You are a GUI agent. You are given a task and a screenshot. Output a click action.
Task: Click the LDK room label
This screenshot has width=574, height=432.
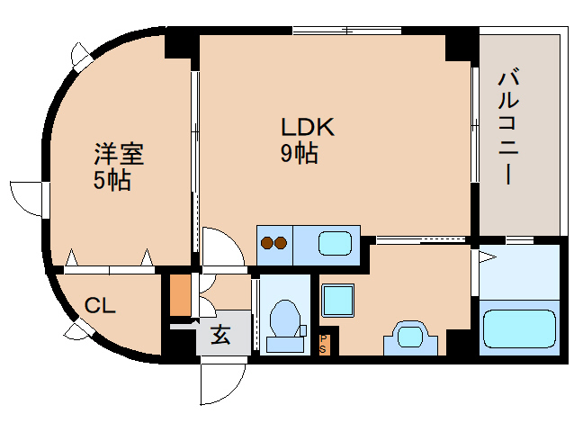[x=309, y=128]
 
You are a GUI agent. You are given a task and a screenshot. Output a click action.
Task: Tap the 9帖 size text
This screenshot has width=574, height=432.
[x=299, y=154]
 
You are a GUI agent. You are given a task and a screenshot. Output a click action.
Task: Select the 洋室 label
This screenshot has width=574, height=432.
[x=119, y=154]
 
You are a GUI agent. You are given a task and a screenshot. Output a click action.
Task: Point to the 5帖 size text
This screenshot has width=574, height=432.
[x=112, y=180]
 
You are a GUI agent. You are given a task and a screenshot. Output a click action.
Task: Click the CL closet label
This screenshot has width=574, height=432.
[x=100, y=306]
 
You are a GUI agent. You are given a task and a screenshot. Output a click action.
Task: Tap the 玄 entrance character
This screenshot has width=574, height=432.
[x=221, y=335]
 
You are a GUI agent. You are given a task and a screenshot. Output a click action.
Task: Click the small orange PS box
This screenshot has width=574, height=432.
[x=325, y=342]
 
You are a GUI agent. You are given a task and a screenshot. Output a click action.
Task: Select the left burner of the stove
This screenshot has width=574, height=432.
[x=266, y=242]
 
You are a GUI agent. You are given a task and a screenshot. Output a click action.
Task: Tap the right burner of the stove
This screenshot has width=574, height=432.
[x=281, y=242]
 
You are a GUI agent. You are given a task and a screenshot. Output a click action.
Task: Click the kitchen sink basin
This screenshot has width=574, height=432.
[x=337, y=243]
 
